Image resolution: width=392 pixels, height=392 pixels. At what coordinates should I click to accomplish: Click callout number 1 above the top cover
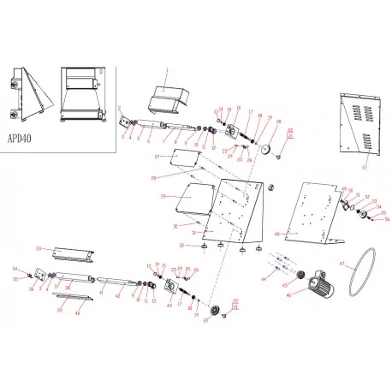point(168,68)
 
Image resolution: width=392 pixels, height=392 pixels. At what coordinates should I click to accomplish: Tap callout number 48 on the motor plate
point(276,232)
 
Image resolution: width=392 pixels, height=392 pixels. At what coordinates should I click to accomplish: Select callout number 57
point(365,169)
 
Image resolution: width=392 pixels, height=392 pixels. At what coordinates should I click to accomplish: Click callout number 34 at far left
point(14,269)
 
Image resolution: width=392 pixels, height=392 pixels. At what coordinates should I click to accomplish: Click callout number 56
point(387,219)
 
